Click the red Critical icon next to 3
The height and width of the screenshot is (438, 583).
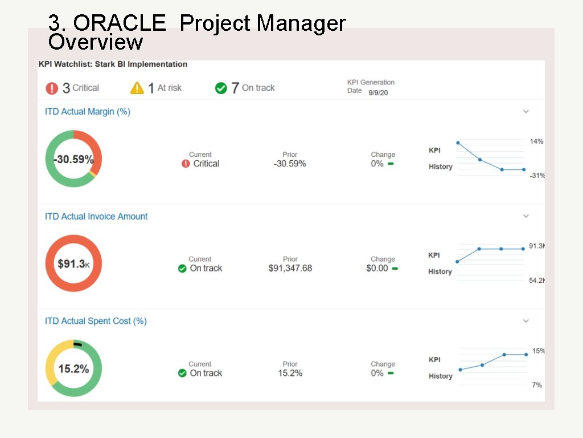coord(52,88)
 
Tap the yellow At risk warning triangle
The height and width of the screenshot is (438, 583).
coord(137,88)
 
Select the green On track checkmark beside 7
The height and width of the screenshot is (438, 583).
coord(221,88)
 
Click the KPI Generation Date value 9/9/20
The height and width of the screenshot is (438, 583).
coord(378,93)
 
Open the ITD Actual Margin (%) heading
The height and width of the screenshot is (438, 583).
coord(88,112)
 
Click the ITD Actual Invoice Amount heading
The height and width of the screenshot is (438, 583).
coord(96,217)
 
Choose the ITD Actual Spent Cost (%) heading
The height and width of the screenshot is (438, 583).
coord(96,321)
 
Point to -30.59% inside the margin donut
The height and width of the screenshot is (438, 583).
coord(73,160)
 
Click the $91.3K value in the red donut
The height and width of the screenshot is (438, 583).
coord(73,264)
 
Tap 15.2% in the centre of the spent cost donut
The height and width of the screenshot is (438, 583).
coord(73,369)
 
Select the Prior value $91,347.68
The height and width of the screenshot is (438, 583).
coord(290,268)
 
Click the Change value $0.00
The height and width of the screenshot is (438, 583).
coord(377,268)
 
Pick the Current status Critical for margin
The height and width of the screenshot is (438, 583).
coord(206,164)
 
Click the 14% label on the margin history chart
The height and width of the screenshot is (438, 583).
coord(536,141)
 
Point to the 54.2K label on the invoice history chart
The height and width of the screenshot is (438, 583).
coord(536,281)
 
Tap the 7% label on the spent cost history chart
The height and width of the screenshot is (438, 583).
coord(536,386)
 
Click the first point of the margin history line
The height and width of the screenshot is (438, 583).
coord(458,143)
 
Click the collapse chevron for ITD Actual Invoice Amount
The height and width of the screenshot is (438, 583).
coord(526,216)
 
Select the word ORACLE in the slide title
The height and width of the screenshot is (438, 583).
coord(120,23)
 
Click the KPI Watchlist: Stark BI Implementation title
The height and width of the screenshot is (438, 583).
coord(113,64)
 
